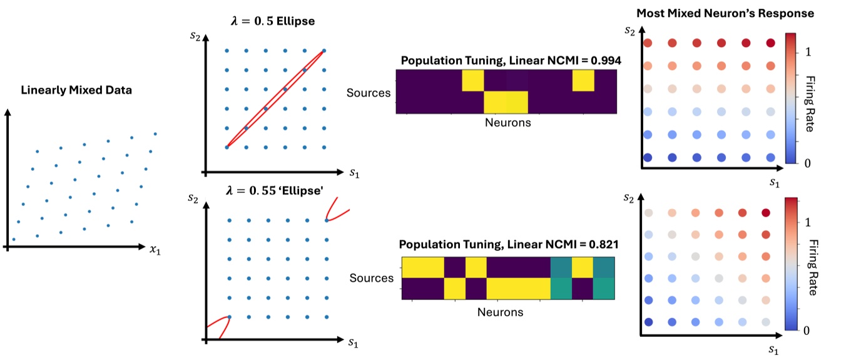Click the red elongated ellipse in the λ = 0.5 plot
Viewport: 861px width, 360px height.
(x=275, y=99)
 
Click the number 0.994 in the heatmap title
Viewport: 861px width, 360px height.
(x=599, y=61)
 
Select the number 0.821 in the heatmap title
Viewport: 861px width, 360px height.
(x=598, y=245)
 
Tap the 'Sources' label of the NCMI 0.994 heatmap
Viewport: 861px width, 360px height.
(x=369, y=93)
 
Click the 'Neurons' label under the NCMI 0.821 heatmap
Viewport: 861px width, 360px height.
(x=500, y=311)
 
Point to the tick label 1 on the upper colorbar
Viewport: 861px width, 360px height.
(x=808, y=53)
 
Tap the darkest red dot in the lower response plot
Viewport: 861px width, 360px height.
(x=766, y=213)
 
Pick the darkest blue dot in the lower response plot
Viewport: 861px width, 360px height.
(x=649, y=322)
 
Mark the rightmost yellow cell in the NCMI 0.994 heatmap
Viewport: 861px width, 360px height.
(x=583, y=81)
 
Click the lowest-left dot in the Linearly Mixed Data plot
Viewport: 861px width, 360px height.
(x=13, y=239)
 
